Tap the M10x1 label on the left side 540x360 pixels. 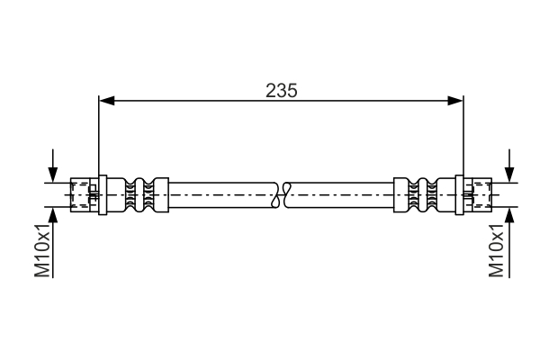click(41, 252)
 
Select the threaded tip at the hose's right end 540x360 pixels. click(478, 193)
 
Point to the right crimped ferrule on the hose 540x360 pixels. click(416, 193)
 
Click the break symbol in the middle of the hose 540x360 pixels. click(282, 193)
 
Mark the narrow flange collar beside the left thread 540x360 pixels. click(103, 193)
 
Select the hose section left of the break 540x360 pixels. click(220, 193)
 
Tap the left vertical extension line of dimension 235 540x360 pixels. click(98, 135)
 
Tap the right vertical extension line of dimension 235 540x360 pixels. click(463, 135)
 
